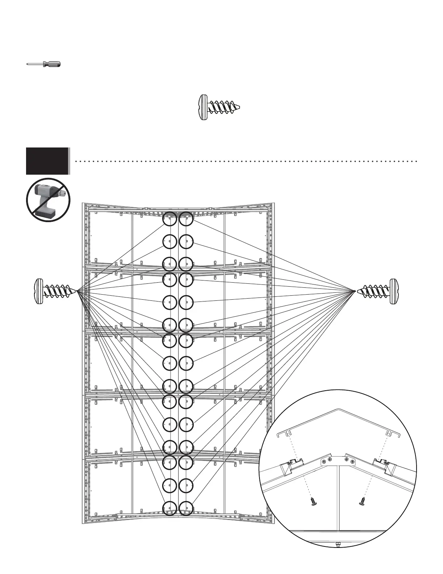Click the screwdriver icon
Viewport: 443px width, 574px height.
coord(43,64)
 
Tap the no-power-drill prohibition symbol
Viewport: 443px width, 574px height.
coord(48,200)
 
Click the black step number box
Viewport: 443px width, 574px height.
coord(47,161)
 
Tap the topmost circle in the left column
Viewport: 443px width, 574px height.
coord(169,219)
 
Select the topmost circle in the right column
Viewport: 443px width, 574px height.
coord(186,219)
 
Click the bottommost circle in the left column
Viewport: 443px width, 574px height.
coord(169,508)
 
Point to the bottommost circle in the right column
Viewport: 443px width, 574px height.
coord(186,508)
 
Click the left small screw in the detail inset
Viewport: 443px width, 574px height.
coord(313,502)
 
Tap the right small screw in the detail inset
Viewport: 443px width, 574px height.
coord(362,502)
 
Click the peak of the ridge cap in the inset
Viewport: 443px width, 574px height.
coord(338,410)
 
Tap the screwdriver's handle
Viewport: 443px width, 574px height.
coord(52,64)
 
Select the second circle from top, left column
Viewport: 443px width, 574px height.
coord(169,241)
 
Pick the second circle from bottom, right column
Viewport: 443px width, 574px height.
coord(186,485)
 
